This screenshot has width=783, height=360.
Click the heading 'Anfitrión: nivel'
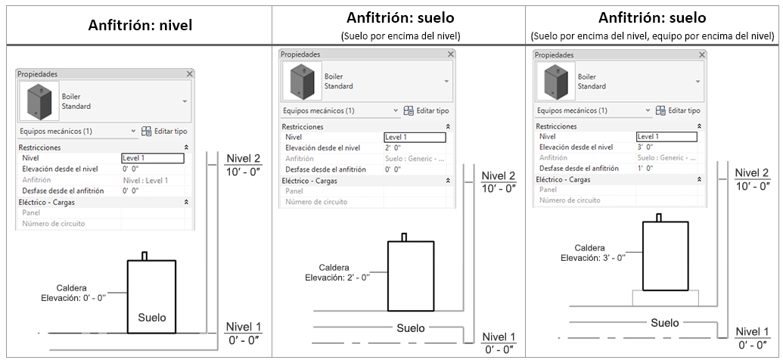[x=140, y=26]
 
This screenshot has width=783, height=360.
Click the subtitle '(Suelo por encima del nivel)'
[x=400, y=36]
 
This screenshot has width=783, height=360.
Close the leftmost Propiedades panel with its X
[x=189, y=74]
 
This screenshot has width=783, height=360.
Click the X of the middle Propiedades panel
[x=451, y=54]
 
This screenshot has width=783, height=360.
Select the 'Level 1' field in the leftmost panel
[x=153, y=158]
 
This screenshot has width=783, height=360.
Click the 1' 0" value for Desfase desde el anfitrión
[x=645, y=168]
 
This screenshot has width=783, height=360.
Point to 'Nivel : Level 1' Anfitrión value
[x=145, y=180]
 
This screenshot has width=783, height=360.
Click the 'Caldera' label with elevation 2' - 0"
[x=334, y=268]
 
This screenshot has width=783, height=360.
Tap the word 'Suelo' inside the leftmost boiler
[x=152, y=317]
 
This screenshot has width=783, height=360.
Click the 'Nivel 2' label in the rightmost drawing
[x=751, y=173]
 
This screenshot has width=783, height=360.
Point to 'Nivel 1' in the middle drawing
[x=499, y=337]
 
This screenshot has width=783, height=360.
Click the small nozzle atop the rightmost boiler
[x=659, y=218]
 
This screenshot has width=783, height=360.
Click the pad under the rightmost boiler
[x=665, y=298]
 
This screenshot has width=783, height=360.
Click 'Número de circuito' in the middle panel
[x=316, y=202]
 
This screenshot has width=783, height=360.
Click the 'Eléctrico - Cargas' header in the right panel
[x=563, y=179]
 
